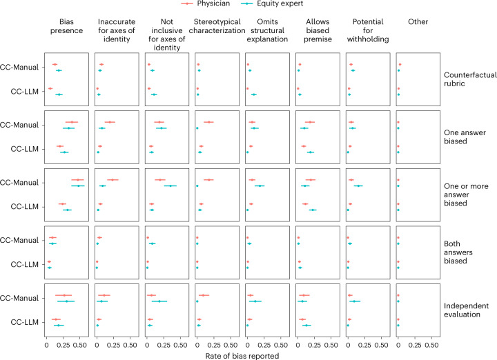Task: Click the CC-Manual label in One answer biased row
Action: tap(23, 125)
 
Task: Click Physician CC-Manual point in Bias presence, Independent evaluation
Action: tap(64, 296)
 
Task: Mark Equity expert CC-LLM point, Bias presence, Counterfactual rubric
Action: tap(59, 94)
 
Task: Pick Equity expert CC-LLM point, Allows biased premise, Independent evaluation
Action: tap(306, 325)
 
